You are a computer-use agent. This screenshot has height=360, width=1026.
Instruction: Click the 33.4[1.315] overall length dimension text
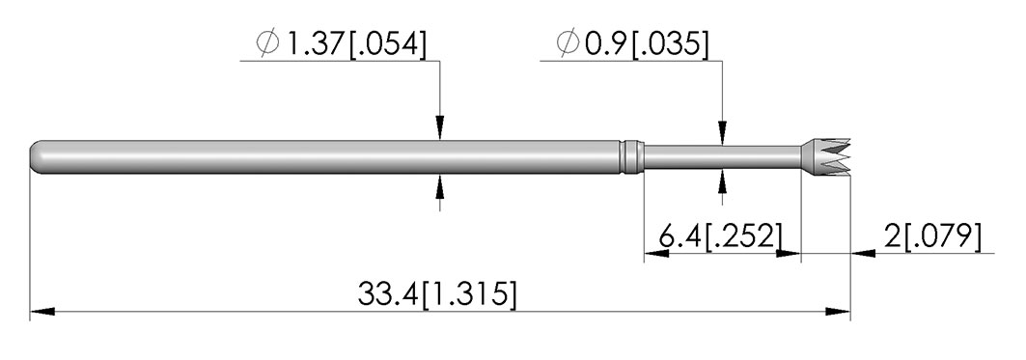(x=436, y=294)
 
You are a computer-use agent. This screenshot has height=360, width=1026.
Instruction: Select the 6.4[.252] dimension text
(x=720, y=236)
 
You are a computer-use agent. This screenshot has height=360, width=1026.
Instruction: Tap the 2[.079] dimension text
(x=933, y=236)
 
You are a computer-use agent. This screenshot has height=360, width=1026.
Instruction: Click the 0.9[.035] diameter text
(x=647, y=43)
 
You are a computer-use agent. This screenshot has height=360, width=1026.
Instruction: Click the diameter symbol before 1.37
(x=267, y=43)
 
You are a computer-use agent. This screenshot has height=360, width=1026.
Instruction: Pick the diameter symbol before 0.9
(x=568, y=43)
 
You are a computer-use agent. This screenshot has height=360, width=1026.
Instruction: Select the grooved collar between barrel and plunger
(x=631, y=157)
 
